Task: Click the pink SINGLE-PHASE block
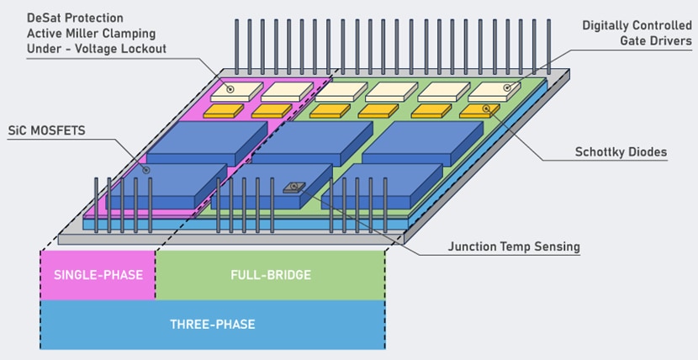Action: click(98, 275)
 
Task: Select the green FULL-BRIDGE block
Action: click(270, 275)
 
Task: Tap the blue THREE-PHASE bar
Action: click(212, 324)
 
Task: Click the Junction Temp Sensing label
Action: click(513, 246)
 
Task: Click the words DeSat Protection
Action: click(77, 17)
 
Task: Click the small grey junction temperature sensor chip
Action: click(295, 188)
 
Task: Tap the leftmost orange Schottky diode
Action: click(222, 110)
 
